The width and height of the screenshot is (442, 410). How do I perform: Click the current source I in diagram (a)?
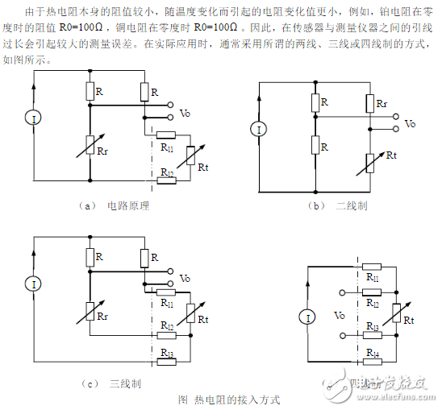pos(34,119)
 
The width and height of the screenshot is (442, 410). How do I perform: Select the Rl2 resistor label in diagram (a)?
pos(167,173)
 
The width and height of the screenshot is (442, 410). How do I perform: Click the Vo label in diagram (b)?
pos(411,123)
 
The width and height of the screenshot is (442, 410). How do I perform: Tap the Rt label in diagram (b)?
pos(392,154)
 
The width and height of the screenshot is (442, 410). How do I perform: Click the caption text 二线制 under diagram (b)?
pos(351,206)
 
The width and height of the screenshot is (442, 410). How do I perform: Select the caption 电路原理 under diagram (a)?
pos(128,206)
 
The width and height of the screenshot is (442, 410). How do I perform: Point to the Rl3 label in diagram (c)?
pos(167,354)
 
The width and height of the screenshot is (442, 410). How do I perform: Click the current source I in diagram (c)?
pos(34,284)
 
